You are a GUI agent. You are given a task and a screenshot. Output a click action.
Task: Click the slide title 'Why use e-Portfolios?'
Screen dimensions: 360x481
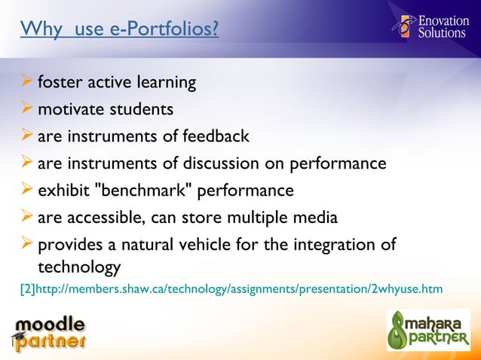click(119, 30)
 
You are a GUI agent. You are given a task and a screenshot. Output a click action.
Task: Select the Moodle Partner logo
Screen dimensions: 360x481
click(49, 334)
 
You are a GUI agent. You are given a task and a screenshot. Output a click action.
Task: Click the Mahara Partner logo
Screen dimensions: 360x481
click(427, 330)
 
